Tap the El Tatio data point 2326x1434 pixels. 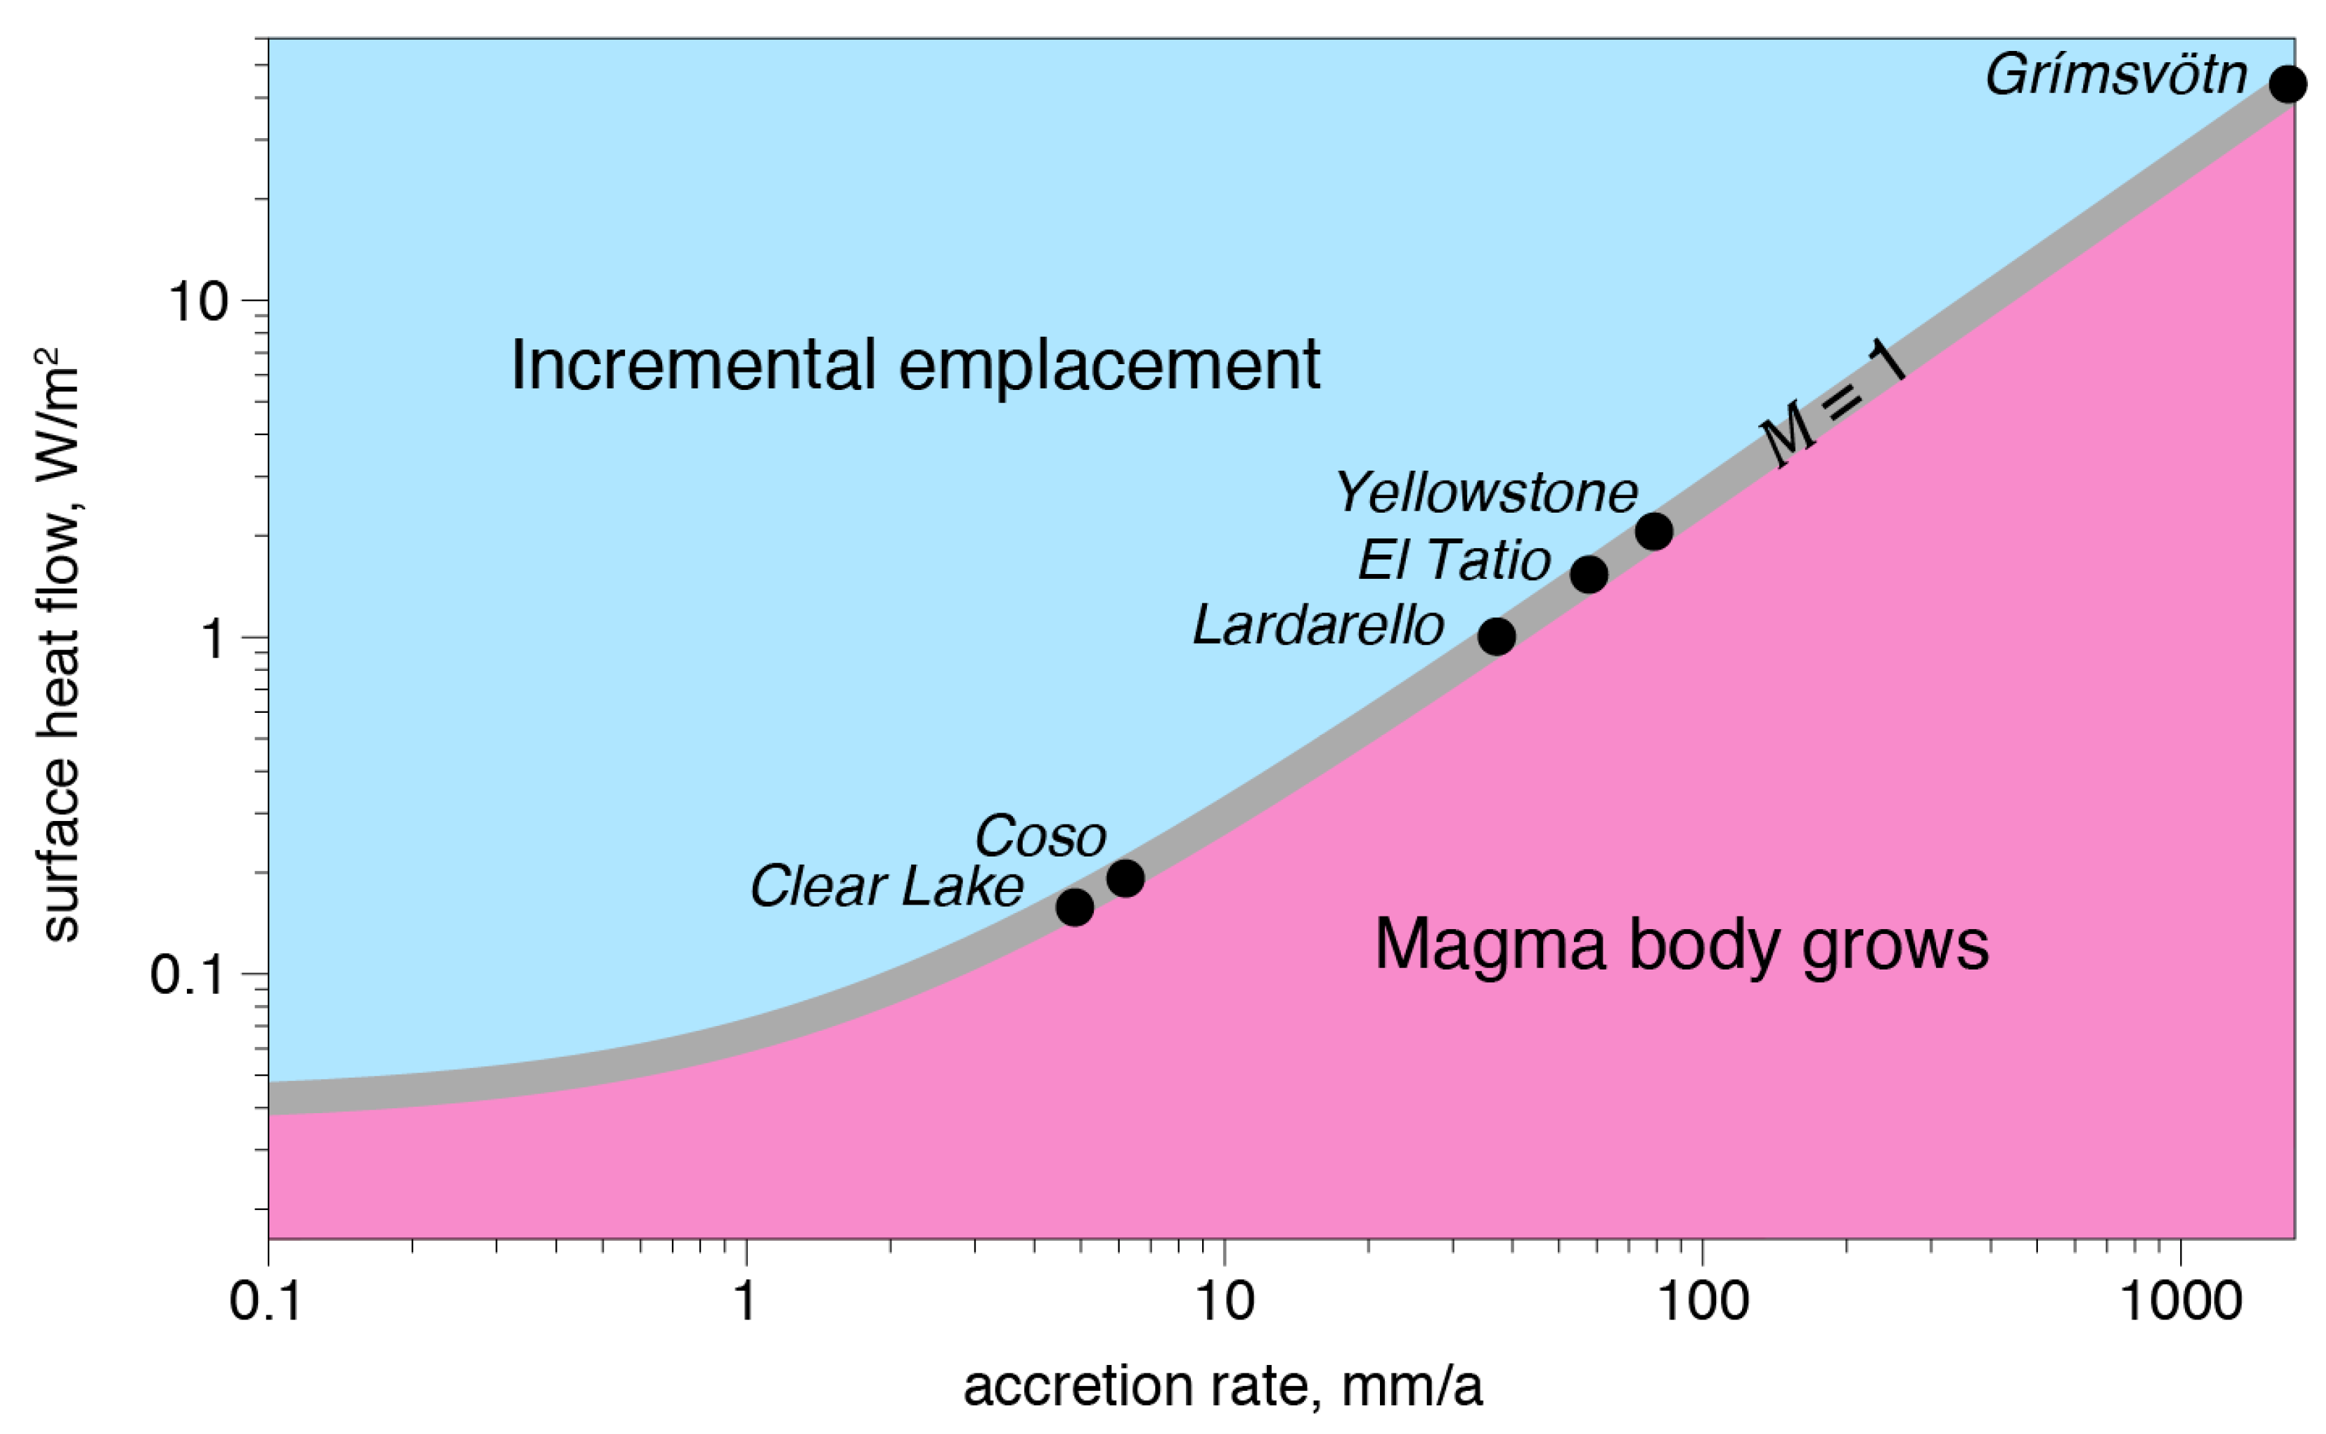point(1589,574)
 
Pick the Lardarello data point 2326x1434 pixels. point(1497,636)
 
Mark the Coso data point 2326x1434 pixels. point(1125,878)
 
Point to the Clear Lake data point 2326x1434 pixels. point(1075,907)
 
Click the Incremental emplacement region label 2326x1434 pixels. point(915,365)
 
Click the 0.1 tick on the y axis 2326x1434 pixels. point(188,974)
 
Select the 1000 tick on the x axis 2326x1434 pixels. point(2180,1301)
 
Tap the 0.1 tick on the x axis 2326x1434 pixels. point(267,1301)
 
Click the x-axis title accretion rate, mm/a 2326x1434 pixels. point(1223,1387)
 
